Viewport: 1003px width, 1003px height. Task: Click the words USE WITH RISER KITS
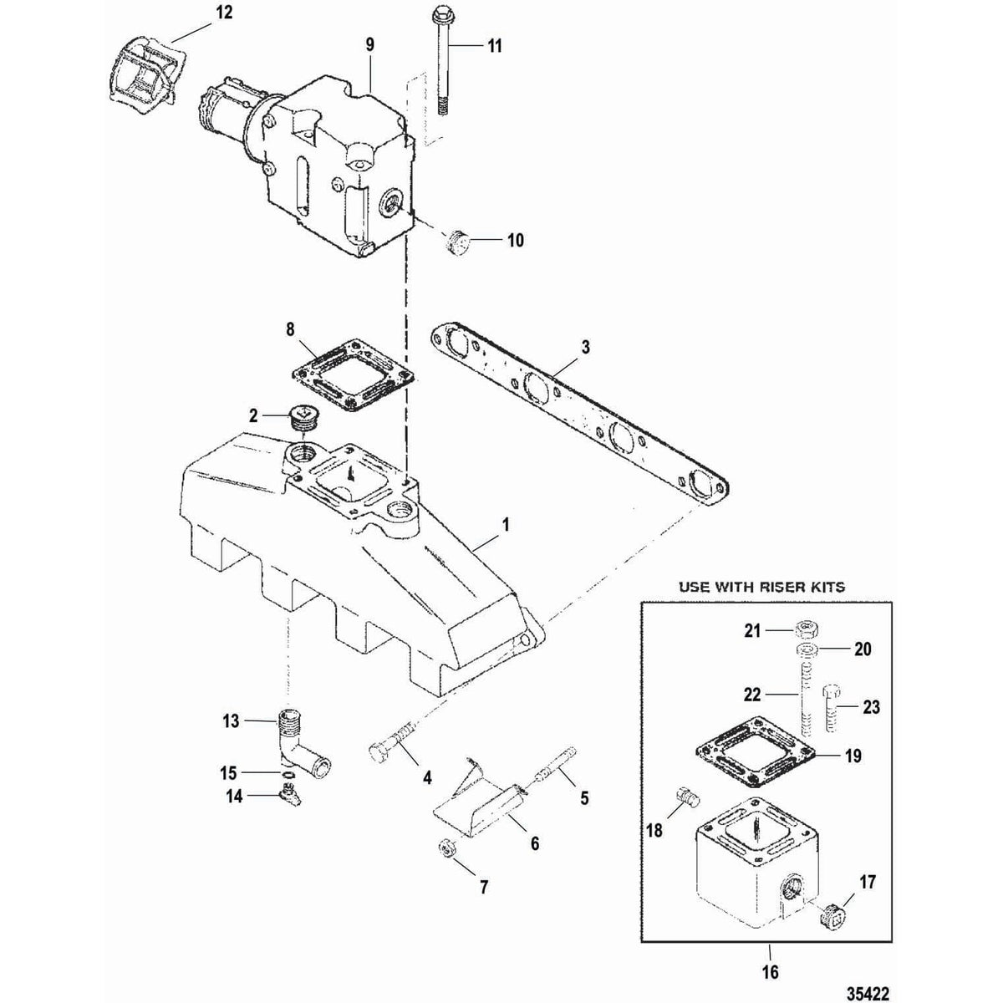(761, 587)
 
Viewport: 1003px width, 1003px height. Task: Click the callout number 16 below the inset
(769, 971)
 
